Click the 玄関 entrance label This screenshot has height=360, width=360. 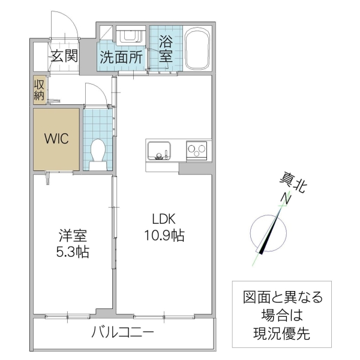click(x=64, y=57)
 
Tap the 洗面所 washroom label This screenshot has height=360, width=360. click(x=121, y=58)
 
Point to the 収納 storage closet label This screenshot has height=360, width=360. click(x=39, y=89)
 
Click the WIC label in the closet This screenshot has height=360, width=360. click(x=56, y=139)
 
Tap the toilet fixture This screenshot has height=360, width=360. click(x=98, y=154)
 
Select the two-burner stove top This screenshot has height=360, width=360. click(x=196, y=149)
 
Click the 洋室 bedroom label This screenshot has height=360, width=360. click(x=70, y=235)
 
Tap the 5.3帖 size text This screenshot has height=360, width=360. click(x=70, y=252)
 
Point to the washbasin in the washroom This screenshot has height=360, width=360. click(x=128, y=37)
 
